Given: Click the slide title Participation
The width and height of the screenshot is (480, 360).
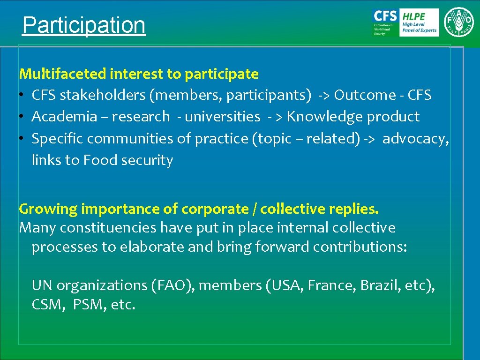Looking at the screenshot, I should tap(84, 25).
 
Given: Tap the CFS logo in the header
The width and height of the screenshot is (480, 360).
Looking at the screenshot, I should tap(385, 22).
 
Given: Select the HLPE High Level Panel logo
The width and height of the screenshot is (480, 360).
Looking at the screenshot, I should tap(419, 22).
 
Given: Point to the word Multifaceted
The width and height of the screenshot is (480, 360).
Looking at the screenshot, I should tap(63, 74).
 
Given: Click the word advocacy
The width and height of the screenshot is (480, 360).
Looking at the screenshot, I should tap(414, 139).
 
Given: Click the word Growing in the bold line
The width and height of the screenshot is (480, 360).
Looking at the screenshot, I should tap(48, 209).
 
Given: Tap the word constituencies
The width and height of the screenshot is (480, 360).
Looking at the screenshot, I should tap(108, 228).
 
